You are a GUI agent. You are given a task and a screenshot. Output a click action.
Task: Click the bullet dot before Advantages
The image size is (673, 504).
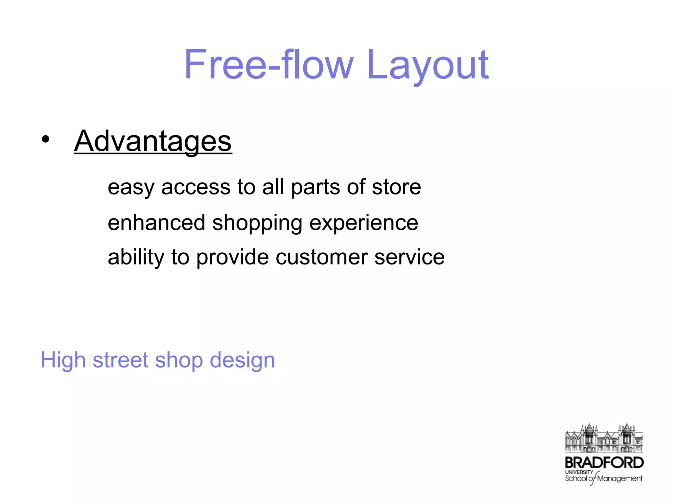coord(46,139)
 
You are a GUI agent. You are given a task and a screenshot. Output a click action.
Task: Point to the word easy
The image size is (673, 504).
coord(131,188)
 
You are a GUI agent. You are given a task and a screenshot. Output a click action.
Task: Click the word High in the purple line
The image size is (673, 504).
coord(63,360)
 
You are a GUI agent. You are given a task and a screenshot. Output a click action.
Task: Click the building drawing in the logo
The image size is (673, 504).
coord(604,438)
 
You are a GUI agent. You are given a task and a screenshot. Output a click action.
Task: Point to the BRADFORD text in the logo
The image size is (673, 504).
coord(604,463)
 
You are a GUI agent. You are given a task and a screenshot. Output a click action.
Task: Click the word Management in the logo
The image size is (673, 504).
coord(620,478)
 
